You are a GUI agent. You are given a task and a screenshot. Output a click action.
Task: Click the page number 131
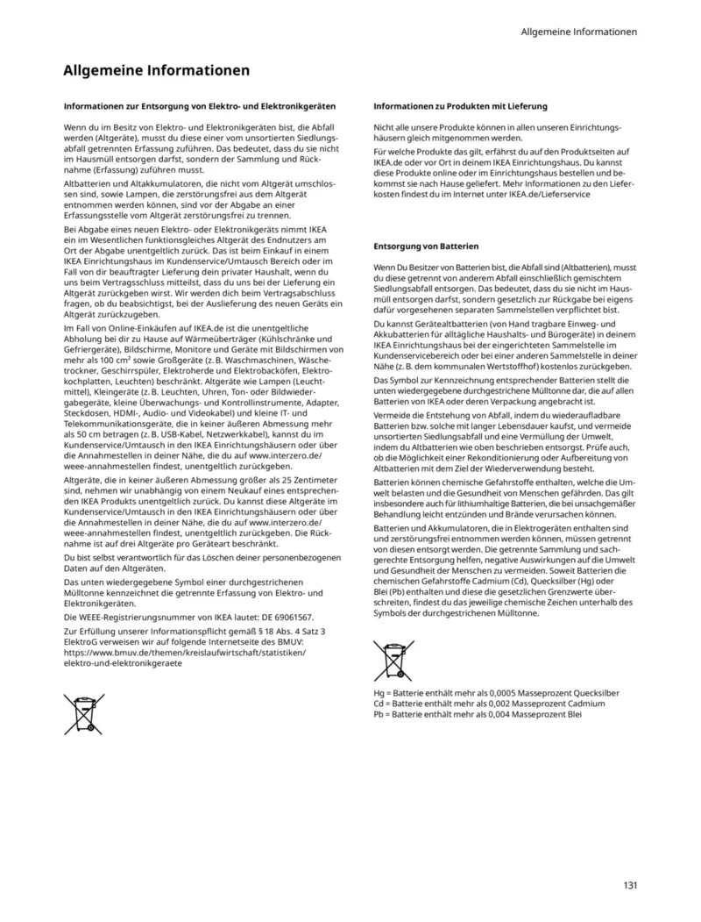coord(630,884)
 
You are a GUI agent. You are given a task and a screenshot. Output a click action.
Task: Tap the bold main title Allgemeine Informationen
coord(157,70)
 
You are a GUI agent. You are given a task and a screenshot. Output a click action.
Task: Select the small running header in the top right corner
coord(578,32)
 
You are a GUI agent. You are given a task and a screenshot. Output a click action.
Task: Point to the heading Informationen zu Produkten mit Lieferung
coord(460,106)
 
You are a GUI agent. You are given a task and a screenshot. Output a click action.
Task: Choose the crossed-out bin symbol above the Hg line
coord(393,661)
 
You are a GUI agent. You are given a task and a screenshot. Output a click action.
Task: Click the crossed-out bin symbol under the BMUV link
coord(83,713)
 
